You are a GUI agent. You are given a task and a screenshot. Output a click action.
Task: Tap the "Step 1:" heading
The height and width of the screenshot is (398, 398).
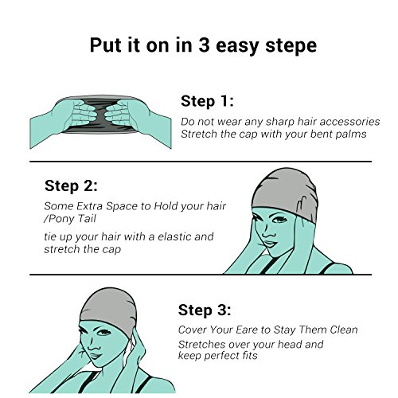tap(207, 101)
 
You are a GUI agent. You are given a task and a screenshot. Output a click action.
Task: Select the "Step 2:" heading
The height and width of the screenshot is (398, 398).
tap(71, 185)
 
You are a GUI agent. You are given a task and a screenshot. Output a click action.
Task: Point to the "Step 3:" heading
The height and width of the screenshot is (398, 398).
tap(205, 310)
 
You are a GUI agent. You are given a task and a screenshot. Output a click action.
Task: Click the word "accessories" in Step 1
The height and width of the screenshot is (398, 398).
tap(349, 122)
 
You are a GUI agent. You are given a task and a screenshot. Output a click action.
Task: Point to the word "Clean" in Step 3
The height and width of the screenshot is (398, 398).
tap(344, 330)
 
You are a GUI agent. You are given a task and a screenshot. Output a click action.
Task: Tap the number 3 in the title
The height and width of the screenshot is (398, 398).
tap(204, 45)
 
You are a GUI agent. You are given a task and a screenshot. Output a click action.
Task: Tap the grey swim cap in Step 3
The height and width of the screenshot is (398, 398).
tap(108, 308)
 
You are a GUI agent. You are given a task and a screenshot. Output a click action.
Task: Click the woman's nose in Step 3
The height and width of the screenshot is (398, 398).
tap(92, 345)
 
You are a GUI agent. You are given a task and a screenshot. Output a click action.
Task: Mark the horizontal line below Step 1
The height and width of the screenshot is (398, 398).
tap(201, 161)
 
